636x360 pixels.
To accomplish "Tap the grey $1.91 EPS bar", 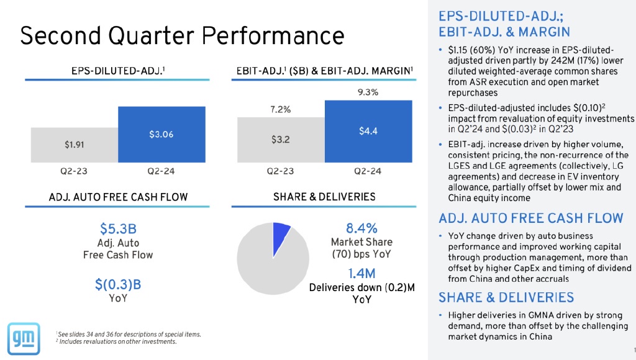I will (75, 144).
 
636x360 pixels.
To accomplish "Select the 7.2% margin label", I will (281, 109).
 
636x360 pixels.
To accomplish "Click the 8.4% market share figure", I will (362, 228).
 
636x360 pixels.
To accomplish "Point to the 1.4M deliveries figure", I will (362, 273).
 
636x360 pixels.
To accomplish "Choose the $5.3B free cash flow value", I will (118, 228).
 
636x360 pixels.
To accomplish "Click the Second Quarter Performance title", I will (182, 35).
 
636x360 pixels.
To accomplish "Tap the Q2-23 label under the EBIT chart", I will (281, 170).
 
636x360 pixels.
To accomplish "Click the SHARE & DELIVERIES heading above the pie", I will (324, 197).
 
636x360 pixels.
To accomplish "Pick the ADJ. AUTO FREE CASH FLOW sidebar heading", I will (531, 218).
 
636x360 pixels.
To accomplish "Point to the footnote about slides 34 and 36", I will (129, 335).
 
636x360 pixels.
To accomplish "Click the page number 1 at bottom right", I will (629, 348).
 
